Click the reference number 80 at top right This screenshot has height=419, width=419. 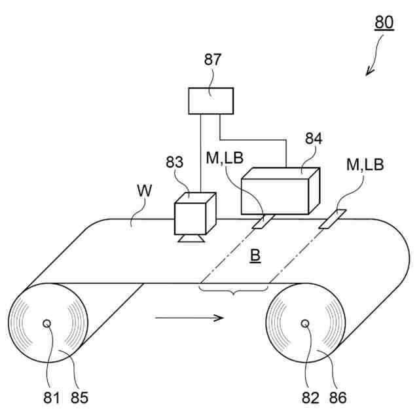click(x=384, y=23)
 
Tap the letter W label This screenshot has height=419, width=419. click(x=146, y=191)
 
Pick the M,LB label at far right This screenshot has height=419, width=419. click(x=365, y=165)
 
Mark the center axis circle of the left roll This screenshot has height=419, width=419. click(x=47, y=324)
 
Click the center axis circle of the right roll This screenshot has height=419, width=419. click(x=304, y=323)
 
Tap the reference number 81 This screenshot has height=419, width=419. click(x=52, y=397)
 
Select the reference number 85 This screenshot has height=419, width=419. click(x=79, y=397)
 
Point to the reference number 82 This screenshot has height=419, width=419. click(x=311, y=397)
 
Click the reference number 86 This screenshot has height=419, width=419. click(x=338, y=397)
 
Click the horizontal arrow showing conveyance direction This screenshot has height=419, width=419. click(x=190, y=319)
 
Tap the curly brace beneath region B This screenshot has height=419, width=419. click(x=233, y=289)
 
